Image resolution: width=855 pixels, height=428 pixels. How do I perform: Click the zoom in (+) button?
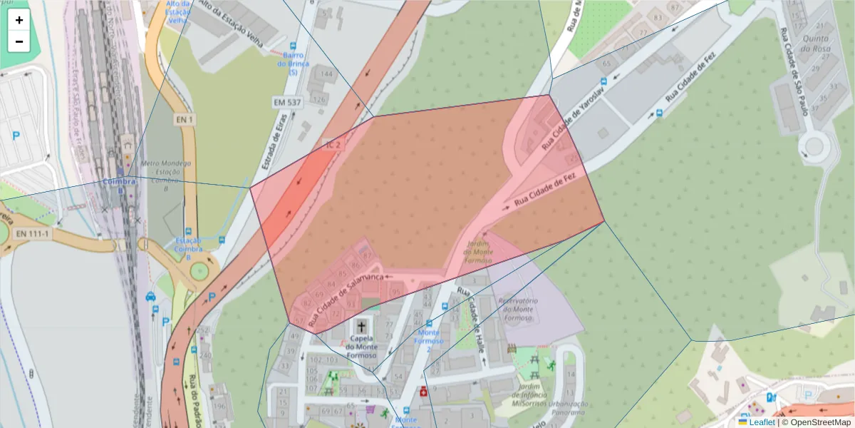(19, 20)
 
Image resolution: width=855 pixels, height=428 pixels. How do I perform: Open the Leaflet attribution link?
(761, 422)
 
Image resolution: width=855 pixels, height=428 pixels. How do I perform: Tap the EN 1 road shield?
(185, 120)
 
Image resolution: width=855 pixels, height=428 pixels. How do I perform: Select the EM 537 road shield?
(287, 103)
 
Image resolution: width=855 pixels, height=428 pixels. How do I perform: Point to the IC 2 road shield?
(333, 145)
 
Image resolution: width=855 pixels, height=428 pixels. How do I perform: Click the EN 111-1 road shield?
(33, 234)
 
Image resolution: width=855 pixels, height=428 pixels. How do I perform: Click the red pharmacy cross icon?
(424, 391)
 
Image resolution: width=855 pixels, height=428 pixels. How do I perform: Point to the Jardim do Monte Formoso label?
(479, 252)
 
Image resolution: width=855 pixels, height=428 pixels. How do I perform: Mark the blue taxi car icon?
(150, 297)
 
